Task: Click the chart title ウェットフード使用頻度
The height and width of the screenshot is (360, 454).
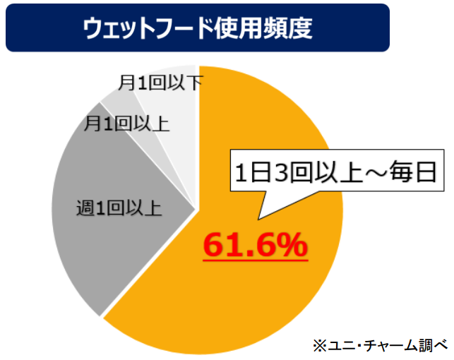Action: point(198,29)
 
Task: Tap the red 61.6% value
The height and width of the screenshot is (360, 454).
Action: point(255,244)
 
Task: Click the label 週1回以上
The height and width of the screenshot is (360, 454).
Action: point(119,208)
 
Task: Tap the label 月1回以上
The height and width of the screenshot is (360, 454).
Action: point(126,124)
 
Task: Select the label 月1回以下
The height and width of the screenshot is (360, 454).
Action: point(162,83)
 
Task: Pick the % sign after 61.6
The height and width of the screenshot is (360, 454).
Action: point(292,244)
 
